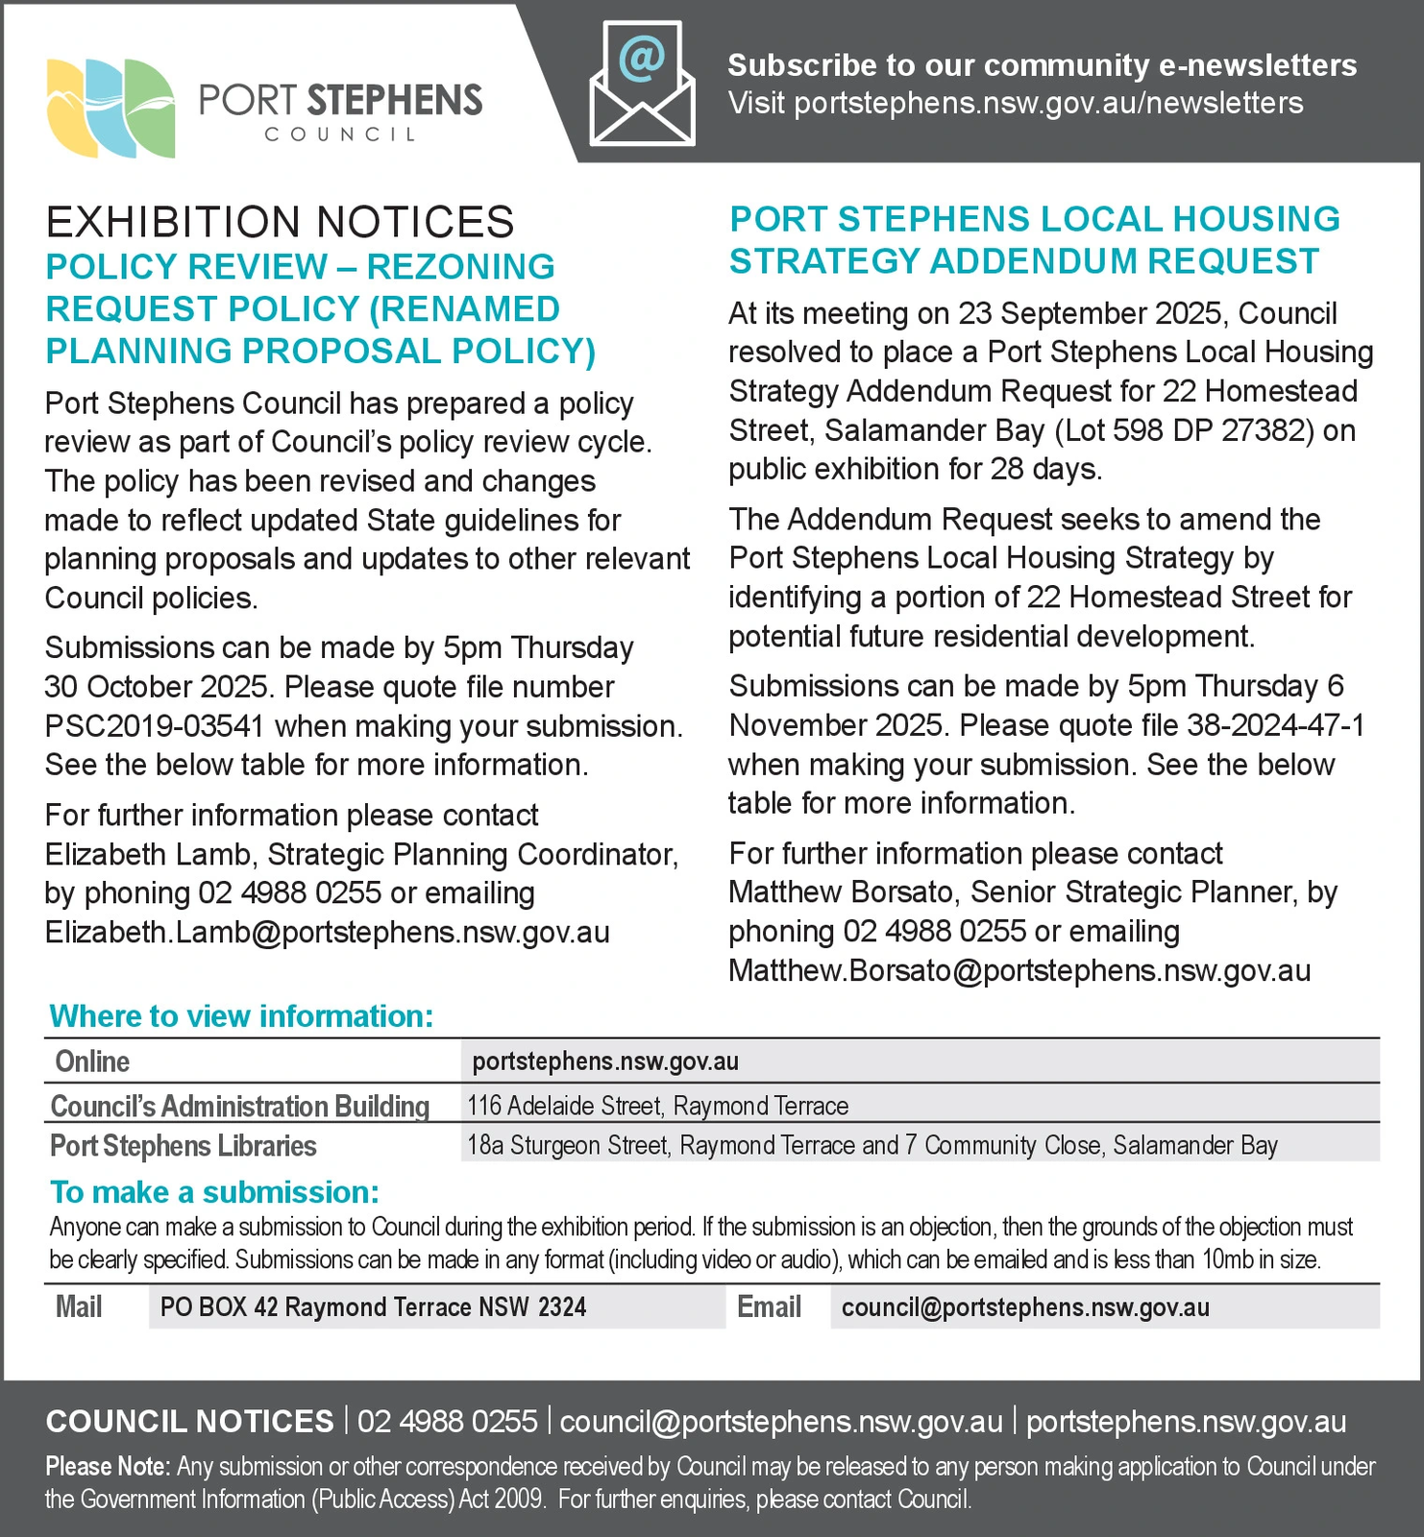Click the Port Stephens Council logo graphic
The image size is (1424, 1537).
pos(110,108)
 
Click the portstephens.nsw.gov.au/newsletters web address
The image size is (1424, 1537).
pos(1048,104)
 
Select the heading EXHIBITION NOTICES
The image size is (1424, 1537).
pos(280,223)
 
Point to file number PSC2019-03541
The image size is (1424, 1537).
pos(154,726)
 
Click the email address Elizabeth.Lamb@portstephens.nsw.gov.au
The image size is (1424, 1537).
pos(327,933)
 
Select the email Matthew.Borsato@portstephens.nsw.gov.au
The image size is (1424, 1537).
pos(1019,971)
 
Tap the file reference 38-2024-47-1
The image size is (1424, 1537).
pos(1275,725)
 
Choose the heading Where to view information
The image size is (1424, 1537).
pos(241,1016)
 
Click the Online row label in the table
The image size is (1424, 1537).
pos(92,1061)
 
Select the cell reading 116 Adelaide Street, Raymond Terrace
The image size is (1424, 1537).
pos(657,1106)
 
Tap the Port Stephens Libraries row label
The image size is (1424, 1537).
pos(184,1146)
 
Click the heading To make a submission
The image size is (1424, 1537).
pos(214,1192)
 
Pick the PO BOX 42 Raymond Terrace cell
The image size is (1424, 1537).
pos(373,1307)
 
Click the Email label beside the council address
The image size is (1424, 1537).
pos(769,1307)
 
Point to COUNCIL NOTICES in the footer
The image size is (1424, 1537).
pos(189,1422)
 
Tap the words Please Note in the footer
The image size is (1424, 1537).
pos(108,1467)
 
